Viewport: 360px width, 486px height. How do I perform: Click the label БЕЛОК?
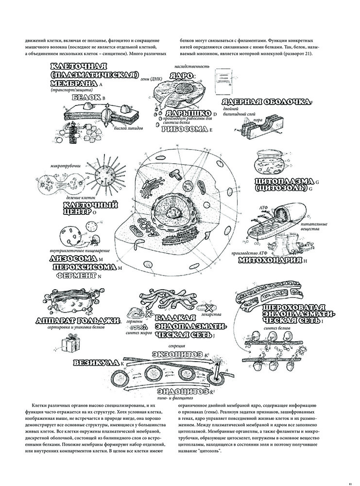(84, 97)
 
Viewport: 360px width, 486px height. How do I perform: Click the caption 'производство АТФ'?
(248, 252)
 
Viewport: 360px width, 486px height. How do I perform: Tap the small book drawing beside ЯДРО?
(224, 80)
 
